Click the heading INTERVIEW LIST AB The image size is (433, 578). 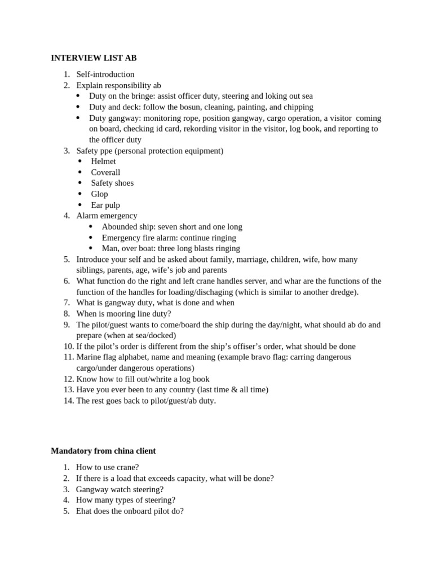pos(94,58)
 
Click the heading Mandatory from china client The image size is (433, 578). pos(103,450)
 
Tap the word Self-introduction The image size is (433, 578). pos(105,74)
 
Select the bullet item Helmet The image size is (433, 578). pos(103,161)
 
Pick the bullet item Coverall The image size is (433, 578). pos(105,172)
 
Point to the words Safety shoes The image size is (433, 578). pos(112,183)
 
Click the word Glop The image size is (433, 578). pos(99,194)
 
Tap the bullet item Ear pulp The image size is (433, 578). pos(105,205)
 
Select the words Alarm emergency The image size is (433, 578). pos(107,216)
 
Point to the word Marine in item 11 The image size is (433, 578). pos(89,357)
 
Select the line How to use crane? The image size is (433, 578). pos(107,467)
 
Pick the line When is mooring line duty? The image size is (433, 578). pos(123,313)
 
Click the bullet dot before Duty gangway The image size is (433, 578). pos(78,118)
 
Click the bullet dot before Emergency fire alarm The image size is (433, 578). pos(91,238)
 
